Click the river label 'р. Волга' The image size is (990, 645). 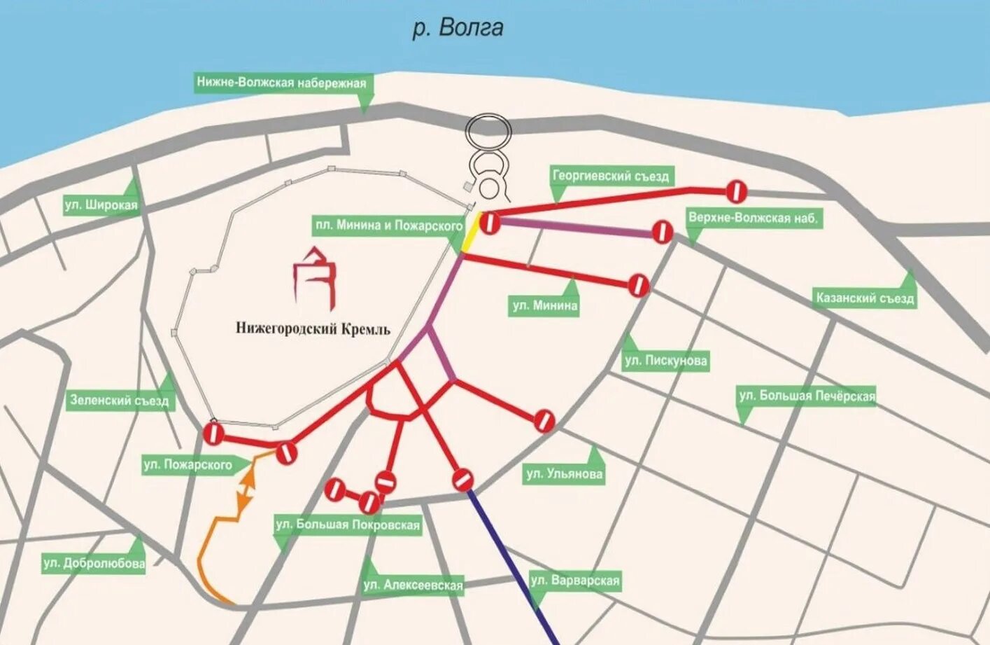pyautogui.click(x=458, y=28)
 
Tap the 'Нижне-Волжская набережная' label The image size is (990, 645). pyautogui.click(x=281, y=83)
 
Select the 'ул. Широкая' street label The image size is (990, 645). pyautogui.click(x=101, y=205)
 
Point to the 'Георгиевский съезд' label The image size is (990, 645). pyautogui.click(x=611, y=176)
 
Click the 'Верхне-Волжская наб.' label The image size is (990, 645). pyautogui.click(x=752, y=218)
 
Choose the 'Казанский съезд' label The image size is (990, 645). pyautogui.click(x=865, y=298)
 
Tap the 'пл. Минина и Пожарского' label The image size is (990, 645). pyautogui.click(x=389, y=226)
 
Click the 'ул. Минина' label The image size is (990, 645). pyautogui.click(x=545, y=305)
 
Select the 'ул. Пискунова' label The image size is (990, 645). pyautogui.click(x=665, y=361)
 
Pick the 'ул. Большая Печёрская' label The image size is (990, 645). pyautogui.click(x=807, y=396)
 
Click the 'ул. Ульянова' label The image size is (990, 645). pyautogui.click(x=564, y=474)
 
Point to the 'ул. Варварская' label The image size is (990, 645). pyautogui.click(x=575, y=581)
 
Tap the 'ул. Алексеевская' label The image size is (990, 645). pyautogui.click(x=413, y=585)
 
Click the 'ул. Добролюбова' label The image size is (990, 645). pyautogui.click(x=94, y=563)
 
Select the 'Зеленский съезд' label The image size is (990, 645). pyautogui.click(x=119, y=401)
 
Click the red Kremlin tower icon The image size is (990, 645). pyautogui.click(x=315, y=279)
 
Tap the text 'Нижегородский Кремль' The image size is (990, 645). pyautogui.click(x=313, y=328)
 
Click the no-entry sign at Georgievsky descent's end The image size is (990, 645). pyautogui.click(x=737, y=190)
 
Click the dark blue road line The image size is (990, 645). pyautogui.click(x=514, y=567)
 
